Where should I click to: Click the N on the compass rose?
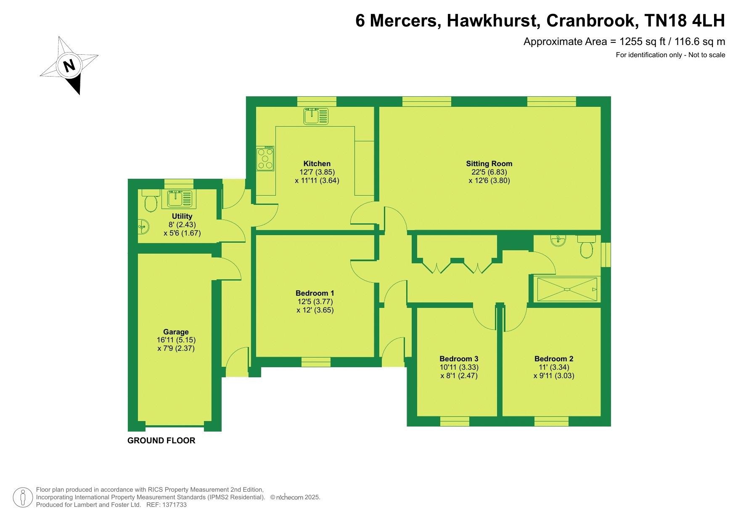click(x=69, y=66)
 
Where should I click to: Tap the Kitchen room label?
click(x=317, y=164)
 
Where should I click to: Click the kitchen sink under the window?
click(x=316, y=116)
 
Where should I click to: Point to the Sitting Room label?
click(x=489, y=164)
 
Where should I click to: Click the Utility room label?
click(x=182, y=216)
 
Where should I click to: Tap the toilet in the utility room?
click(x=150, y=201)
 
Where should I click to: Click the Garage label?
click(x=176, y=332)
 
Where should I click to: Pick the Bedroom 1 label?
click(x=315, y=293)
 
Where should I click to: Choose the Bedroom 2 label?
click(x=554, y=359)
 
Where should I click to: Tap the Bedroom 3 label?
click(x=459, y=359)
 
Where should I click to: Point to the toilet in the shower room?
click(x=586, y=246)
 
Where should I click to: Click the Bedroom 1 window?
click(x=316, y=362)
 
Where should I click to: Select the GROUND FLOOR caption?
click(x=161, y=441)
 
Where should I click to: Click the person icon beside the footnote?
click(x=23, y=498)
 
